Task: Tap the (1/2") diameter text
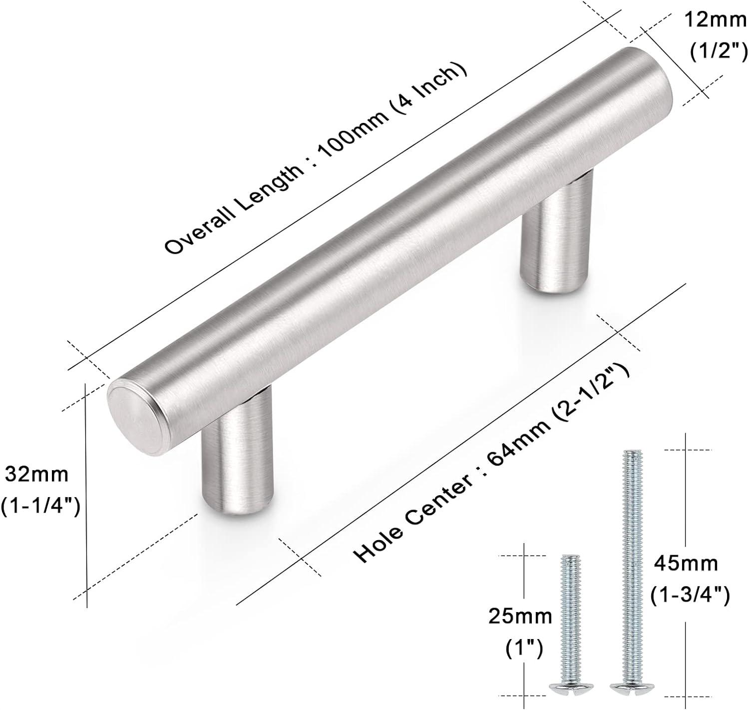[719, 51]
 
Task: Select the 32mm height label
[36, 475]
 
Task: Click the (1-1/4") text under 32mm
[40, 507]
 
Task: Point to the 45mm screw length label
[686, 564]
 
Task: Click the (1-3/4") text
[690, 595]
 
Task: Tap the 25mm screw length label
[520, 617]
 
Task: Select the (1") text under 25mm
[524, 648]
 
